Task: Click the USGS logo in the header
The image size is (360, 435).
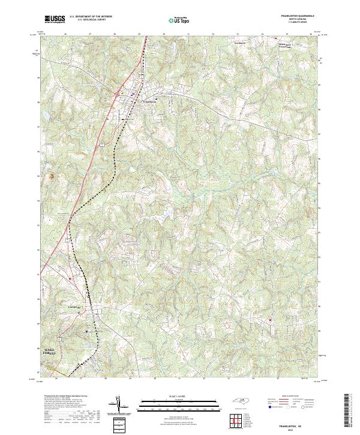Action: point(55,19)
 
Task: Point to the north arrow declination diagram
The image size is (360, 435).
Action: point(119,405)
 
